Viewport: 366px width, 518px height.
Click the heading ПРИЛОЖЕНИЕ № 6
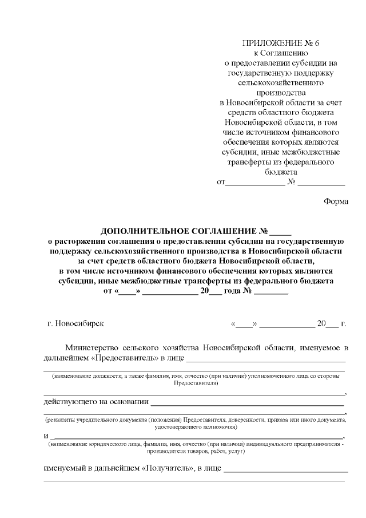(x=281, y=44)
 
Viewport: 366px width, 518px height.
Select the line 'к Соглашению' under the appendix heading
(x=280, y=53)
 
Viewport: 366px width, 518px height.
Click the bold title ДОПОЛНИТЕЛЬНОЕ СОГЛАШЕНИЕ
(x=179, y=231)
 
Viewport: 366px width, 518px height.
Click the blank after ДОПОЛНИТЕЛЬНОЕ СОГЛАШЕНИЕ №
(x=280, y=232)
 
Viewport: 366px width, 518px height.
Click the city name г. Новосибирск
(x=75, y=323)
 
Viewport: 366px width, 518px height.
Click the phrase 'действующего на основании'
(x=96, y=401)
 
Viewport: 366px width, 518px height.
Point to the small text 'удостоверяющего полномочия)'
(x=196, y=427)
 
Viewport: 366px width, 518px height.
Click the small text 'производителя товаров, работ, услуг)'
(x=196, y=451)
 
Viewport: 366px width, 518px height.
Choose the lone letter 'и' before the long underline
(x=46, y=436)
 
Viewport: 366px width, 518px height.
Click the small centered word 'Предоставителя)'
(x=196, y=382)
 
